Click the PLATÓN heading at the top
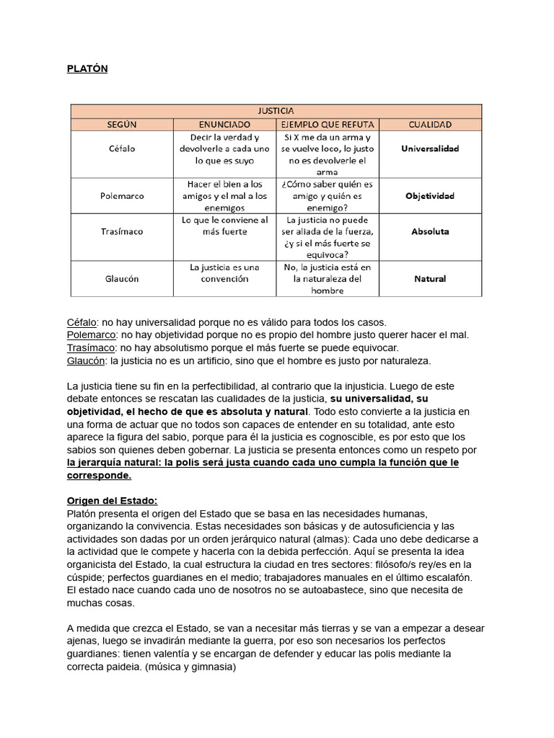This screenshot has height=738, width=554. (x=87, y=69)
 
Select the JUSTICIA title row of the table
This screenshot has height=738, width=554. (x=276, y=111)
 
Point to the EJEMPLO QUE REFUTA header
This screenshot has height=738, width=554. (x=328, y=124)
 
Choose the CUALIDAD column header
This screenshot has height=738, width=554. (x=429, y=124)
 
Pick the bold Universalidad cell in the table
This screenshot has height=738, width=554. (x=429, y=148)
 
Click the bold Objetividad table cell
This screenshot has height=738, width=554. (x=429, y=195)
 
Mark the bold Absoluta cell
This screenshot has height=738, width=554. (x=429, y=231)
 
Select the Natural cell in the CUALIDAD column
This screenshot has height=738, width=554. (x=429, y=278)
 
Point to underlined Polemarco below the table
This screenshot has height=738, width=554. (x=92, y=334)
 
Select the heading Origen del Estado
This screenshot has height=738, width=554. (x=112, y=500)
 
